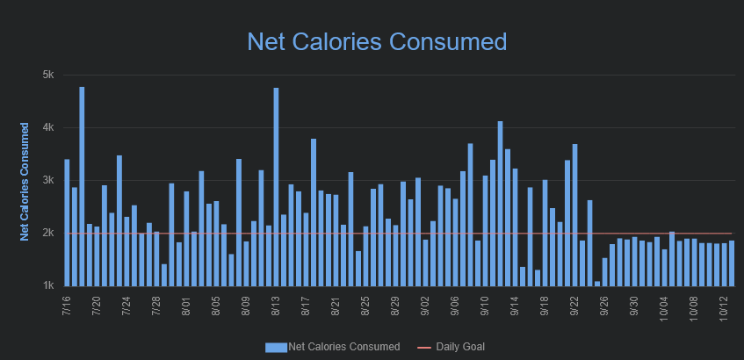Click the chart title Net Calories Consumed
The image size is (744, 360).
377,41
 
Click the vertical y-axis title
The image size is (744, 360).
25,181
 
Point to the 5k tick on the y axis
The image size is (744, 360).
48,75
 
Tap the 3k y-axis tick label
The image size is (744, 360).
48,180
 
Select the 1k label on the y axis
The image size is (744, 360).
48,285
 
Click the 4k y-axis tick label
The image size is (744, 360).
48,127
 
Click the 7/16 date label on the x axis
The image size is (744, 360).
68,306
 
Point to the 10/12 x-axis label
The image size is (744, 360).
723,308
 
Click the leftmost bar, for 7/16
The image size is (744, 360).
67,222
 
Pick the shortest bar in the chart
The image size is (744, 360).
597,283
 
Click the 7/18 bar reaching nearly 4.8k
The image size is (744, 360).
82,186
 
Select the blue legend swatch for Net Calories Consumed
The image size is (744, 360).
276,347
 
